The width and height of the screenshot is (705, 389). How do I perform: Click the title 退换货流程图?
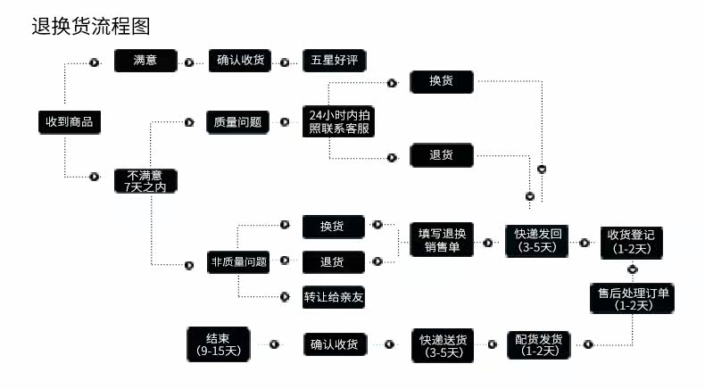(x=91, y=26)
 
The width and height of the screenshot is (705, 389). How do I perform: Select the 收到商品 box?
(x=70, y=122)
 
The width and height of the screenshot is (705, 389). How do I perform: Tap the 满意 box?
(x=145, y=61)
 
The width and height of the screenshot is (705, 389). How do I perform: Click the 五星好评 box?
(x=334, y=61)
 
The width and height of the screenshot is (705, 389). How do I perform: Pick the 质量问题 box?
(x=237, y=122)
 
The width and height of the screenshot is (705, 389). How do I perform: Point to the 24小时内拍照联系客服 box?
(x=338, y=121)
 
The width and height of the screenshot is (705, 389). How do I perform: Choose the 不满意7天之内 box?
(x=145, y=181)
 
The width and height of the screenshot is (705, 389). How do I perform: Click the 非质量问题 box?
(x=238, y=261)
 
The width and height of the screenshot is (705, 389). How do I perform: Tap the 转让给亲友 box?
(x=333, y=297)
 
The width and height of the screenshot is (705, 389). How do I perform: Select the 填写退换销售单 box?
(x=442, y=240)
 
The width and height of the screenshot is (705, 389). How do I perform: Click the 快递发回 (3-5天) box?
(x=537, y=241)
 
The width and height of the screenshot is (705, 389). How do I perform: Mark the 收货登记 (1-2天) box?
(x=631, y=243)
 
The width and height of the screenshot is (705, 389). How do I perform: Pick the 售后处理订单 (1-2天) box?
(x=632, y=298)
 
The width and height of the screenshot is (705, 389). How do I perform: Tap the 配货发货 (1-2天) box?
(x=539, y=345)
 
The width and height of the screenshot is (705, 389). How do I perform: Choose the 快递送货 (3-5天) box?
(x=443, y=345)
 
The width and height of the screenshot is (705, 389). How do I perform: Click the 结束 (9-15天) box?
(x=218, y=344)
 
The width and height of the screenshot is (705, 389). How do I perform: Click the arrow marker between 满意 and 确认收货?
(x=189, y=62)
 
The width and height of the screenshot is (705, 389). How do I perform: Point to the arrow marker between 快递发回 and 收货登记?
(x=584, y=243)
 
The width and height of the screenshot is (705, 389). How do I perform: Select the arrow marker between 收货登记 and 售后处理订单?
(x=633, y=269)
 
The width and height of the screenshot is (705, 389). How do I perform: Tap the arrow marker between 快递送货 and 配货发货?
(x=493, y=344)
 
